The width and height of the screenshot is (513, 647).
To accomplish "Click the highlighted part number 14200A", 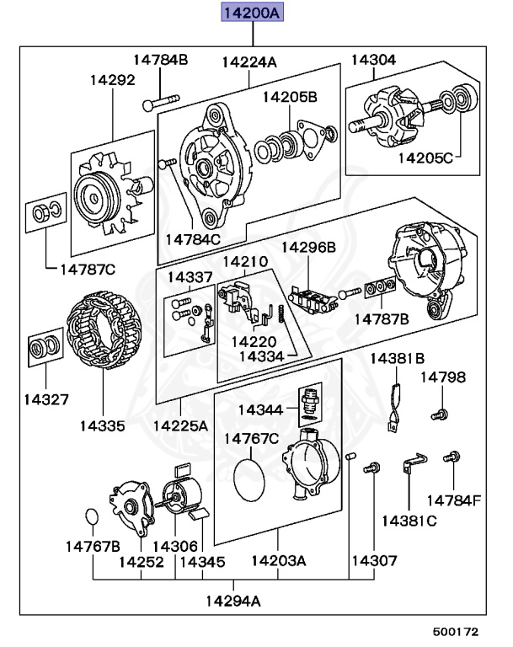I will tap(251, 13).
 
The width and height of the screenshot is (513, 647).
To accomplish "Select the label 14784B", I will tap(160, 60).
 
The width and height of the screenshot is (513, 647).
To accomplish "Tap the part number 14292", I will tap(113, 82).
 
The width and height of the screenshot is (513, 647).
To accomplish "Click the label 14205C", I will tap(425, 157).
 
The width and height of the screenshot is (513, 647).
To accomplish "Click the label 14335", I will tap(103, 425).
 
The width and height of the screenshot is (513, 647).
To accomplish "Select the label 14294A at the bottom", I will tap(232, 601).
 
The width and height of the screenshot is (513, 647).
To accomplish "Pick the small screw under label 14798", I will tap(439, 414).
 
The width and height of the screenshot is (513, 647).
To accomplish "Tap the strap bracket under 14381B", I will tap(393, 406).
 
